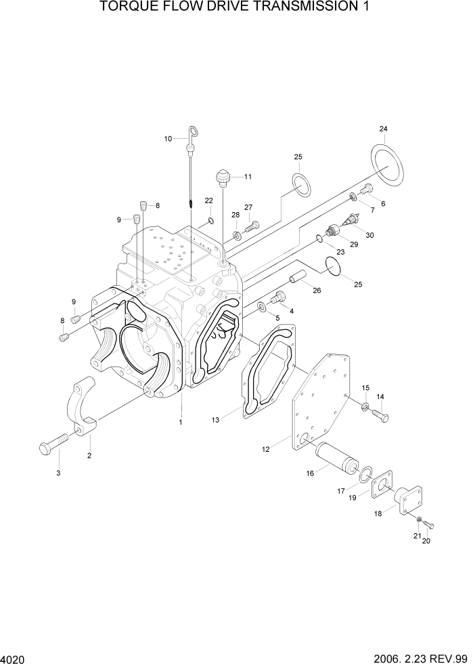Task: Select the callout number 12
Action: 266,449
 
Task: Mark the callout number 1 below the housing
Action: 180,422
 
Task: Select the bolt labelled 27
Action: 252,226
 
